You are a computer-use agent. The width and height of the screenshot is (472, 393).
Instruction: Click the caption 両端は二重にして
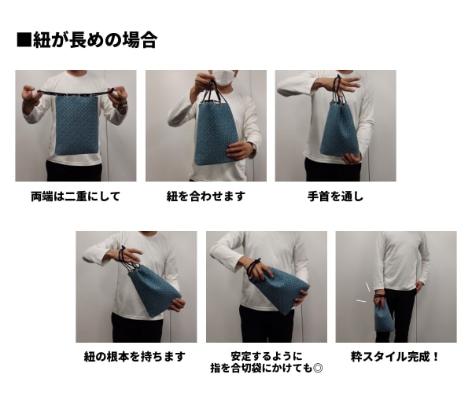pos(76,196)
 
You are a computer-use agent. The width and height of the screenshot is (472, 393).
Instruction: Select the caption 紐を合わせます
pos(206,196)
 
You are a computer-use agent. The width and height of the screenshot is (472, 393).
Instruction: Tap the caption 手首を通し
pos(335,196)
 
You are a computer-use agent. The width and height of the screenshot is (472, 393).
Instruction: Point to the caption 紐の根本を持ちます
pos(135,356)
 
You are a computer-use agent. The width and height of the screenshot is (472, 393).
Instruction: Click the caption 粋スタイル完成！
pos(396,356)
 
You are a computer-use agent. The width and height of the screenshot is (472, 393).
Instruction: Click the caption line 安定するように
pos(267,354)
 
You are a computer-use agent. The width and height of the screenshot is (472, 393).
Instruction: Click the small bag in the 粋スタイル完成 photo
pos(383,317)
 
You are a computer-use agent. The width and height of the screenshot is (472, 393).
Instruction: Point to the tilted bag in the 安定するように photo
pos(281,288)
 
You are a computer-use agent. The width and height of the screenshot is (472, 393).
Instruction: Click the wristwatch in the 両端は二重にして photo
pos(122,104)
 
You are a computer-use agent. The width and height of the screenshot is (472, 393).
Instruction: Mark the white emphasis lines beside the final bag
pos(363,293)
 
